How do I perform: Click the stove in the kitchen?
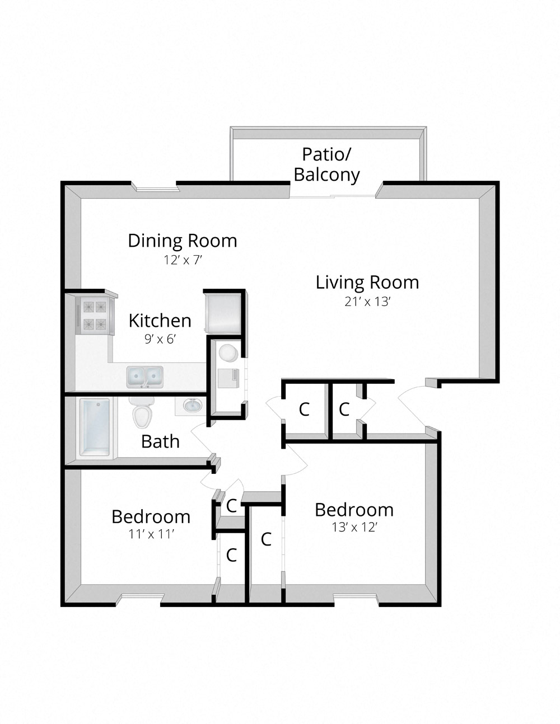pos(95,315)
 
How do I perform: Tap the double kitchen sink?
pos(144,377)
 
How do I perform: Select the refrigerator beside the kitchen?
pos(224,312)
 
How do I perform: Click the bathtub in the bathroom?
pos(95,427)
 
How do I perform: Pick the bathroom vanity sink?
pos(192,405)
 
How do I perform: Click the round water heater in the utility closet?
pos(228,353)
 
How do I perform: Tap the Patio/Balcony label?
pos(327,164)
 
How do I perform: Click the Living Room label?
pos(367,283)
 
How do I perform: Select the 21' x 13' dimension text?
pos(367,302)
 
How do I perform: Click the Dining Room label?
pos(182,241)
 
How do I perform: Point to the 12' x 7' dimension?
pos(182,260)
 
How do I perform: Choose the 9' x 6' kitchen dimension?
pos(160,339)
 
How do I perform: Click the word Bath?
pos(160,441)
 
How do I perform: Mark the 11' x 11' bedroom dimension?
pos(151,534)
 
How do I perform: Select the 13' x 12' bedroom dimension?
pos(354,527)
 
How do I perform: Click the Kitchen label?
pos(160,321)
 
